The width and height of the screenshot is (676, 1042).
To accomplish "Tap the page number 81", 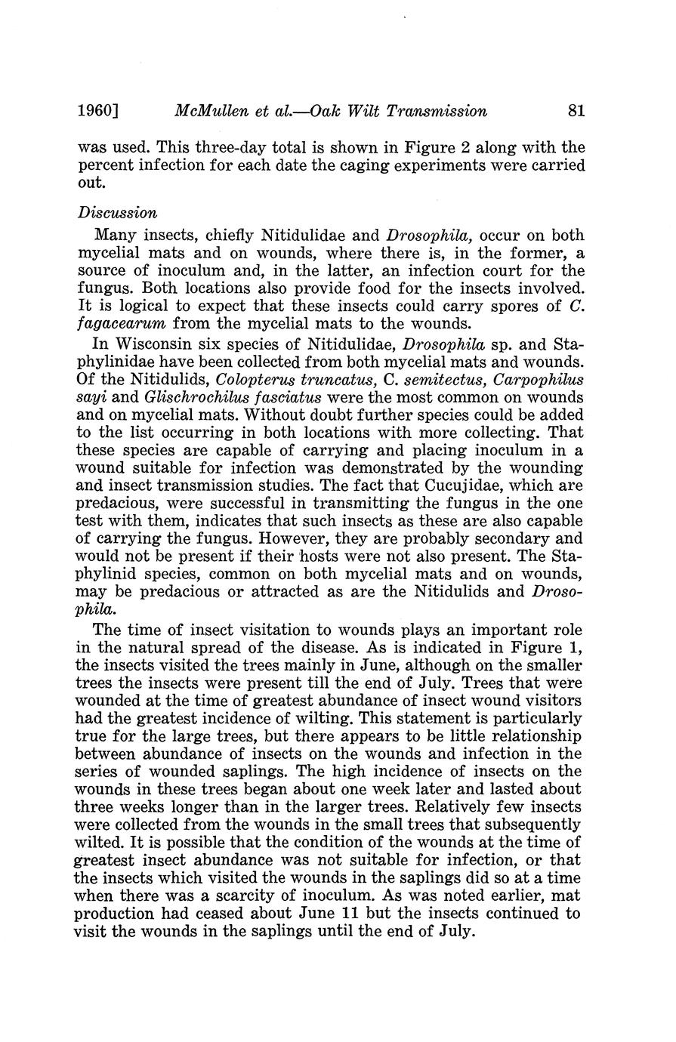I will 576,111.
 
